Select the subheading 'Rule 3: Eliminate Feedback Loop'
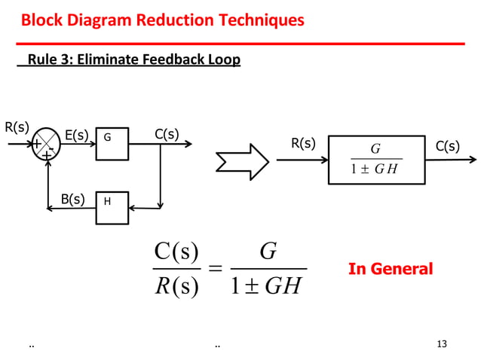click(x=133, y=59)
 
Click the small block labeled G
click(x=112, y=143)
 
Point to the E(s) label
click(x=77, y=136)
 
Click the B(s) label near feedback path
click(x=72, y=200)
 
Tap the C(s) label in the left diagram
click(x=167, y=135)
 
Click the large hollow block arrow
click(x=241, y=159)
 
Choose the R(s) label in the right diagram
click(x=303, y=144)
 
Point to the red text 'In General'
click(x=390, y=269)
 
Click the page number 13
click(x=442, y=344)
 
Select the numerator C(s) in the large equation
click(x=176, y=252)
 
